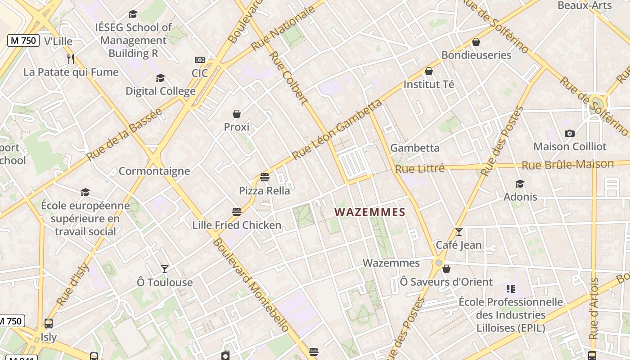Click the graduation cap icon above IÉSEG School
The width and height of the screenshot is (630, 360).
coord(133,14)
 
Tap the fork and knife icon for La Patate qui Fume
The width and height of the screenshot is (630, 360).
coord(70,58)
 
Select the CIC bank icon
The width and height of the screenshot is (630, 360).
coord(199,60)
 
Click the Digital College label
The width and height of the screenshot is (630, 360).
coord(160,91)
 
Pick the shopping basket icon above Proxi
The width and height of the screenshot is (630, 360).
coord(237,114)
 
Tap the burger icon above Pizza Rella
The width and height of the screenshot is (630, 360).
coord(265,177)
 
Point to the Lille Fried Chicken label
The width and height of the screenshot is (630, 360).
coord(237,225)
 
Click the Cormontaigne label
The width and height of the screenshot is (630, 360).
coord(154,171)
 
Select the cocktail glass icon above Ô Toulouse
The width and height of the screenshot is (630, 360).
coord(165,269)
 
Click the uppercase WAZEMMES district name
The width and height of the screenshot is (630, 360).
coord(370,212)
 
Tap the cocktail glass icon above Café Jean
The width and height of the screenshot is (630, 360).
coord(459,232)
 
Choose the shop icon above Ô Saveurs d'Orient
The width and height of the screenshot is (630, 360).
coord(446,269)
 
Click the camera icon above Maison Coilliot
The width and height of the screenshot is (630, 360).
coord(569,133)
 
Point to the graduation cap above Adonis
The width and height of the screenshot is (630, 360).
coord(520,184)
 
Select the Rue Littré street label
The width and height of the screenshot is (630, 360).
coord(420,169)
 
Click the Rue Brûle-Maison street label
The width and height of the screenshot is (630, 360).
coord(567,165)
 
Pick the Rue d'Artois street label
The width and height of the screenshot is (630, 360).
coord(594,309)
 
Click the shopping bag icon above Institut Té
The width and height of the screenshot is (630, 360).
coord(429,71)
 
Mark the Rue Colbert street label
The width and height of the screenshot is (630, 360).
coord(288,78)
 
